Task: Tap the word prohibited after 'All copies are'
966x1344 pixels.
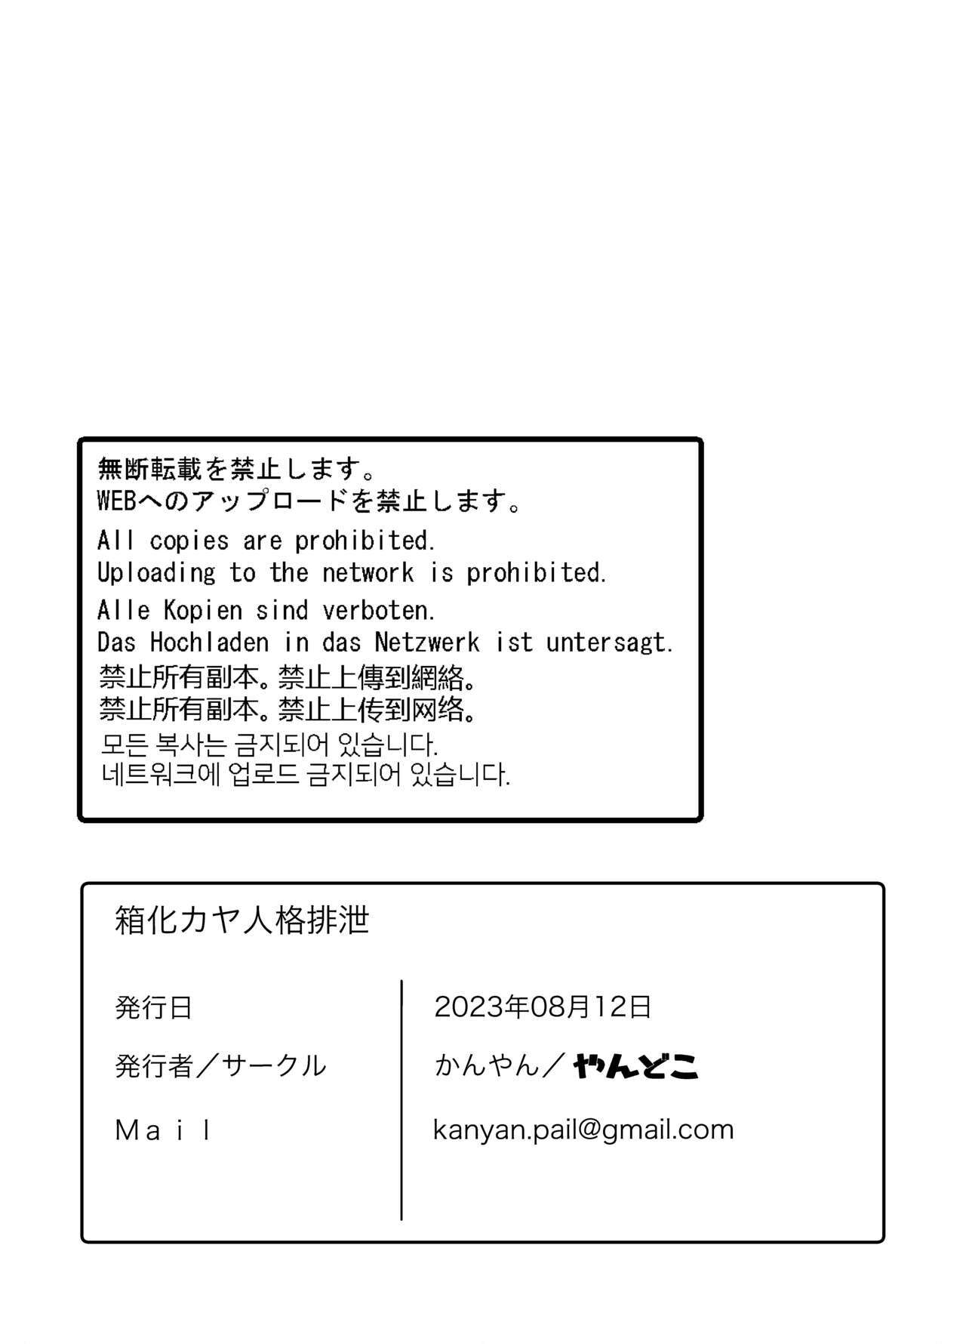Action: point(365,541)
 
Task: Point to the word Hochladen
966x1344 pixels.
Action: point(209,643)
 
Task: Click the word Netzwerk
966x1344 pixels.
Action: point(427,643)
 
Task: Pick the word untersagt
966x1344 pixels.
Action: point(608,643)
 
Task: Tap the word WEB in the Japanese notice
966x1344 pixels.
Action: point(116,501)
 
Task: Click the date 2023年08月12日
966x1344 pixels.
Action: point(543,1006)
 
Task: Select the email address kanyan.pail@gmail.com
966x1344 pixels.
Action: point(583,1130)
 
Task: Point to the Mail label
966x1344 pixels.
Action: point(163,1130)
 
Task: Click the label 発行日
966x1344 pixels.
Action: point(154,1008)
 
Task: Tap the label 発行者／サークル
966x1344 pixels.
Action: point(220,1066)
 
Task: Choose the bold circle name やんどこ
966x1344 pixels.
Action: point(635,1066)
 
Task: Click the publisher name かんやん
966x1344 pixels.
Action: point(487,1066)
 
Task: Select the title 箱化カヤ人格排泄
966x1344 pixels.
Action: point(242,920)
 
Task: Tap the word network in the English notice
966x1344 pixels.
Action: point(368,573)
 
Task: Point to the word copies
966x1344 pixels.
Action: point(189,541)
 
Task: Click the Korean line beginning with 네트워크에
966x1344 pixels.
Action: point(306,775)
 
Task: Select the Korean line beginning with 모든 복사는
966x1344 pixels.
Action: point(269,744)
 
